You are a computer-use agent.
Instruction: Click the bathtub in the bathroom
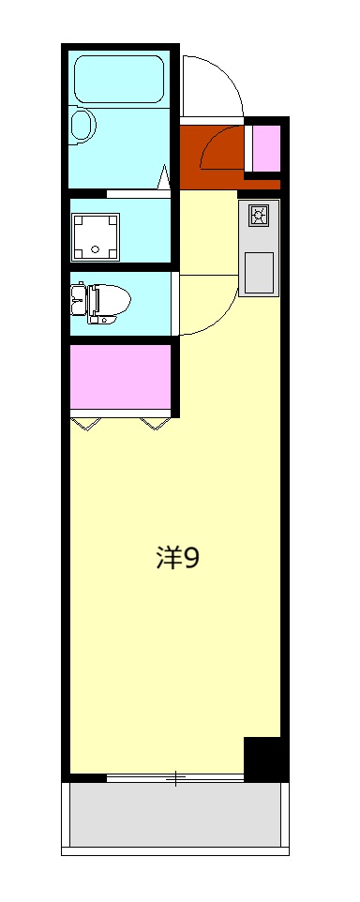(119, 80)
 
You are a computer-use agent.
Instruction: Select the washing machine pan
(97, 234)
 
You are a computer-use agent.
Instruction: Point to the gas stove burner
(259, 217)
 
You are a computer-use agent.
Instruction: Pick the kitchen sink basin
(259, 272)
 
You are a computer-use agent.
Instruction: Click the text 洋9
(177, 558)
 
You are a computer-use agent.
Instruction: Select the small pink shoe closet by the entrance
(266, 147)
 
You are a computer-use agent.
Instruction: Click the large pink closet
(119, 376)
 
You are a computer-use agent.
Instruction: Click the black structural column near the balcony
(263, 758)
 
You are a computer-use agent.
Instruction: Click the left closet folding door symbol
(87, 424)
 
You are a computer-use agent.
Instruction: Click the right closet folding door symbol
(155, 424)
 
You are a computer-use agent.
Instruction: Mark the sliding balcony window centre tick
(175, 777)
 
